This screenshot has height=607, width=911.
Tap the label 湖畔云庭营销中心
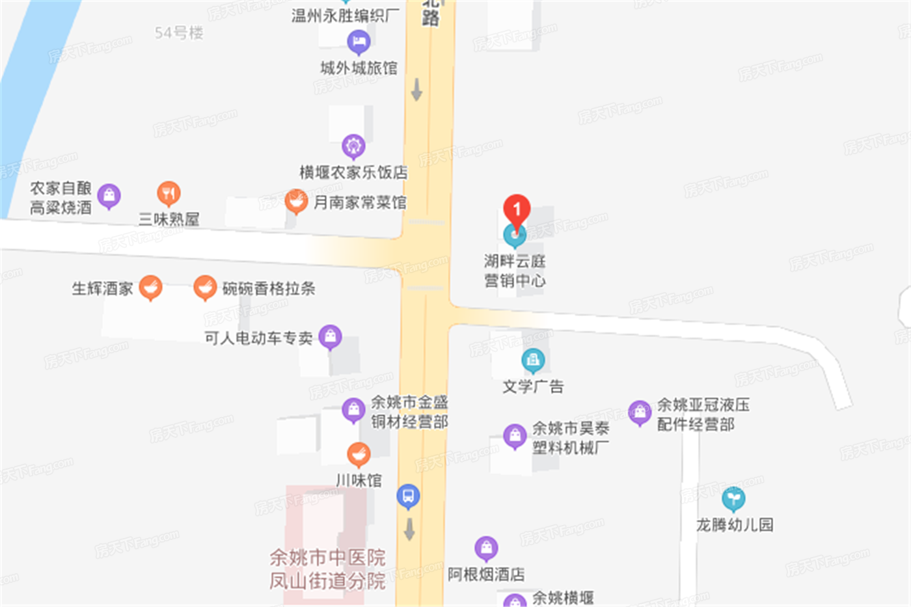(x=515, y=271)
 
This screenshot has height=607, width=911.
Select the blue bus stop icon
(x=408, y=496)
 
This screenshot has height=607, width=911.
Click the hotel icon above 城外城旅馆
(x=359, y=42)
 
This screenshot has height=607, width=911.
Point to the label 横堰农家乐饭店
(x=353, y=172)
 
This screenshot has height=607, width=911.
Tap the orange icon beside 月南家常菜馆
(x=296, y=202)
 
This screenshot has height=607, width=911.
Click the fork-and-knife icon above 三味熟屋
(x=169, y=193)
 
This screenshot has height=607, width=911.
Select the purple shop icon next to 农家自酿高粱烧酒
(x=109, y=195)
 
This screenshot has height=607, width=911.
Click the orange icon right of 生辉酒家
(x=150, y=287)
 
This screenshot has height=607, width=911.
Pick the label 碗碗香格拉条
(x=269, y=288)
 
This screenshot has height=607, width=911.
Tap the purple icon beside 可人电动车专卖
(x=330, y=336)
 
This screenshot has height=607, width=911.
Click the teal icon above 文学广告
(x=533, y=360)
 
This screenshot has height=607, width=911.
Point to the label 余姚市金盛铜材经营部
(x=409, y=412)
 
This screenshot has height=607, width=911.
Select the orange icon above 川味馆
(x=359, y=454)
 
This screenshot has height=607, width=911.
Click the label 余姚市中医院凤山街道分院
(x=327, y=569)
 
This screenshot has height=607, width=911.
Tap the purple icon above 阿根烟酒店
(x=486, y=548)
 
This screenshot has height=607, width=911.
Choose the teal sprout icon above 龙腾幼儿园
(x=733, y=499)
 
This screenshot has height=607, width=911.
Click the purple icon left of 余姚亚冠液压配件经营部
(x=640, y=412)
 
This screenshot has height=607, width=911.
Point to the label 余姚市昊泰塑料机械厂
(x=571, y=437)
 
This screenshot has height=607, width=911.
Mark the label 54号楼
(x=179, y=33)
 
